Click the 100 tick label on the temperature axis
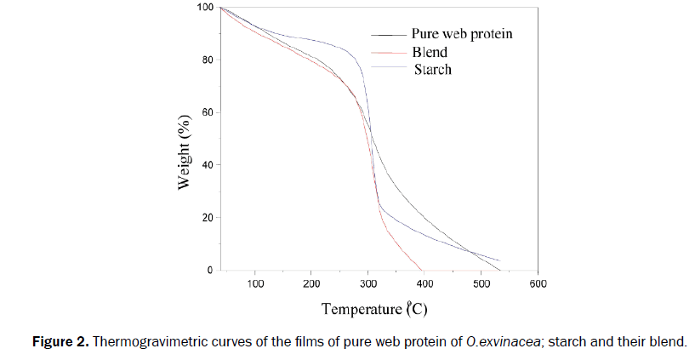(x=255, y=284)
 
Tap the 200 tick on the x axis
(x=311, y=284)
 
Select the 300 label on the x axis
(x=368, y=284)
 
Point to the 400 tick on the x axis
(x=424, y=284)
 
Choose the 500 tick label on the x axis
(x=481, y=284)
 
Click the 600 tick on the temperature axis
(x=538, y=284)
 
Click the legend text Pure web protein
(x=462, y=35)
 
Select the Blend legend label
(x=430, y=52)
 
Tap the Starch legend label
(x=432, y=69)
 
